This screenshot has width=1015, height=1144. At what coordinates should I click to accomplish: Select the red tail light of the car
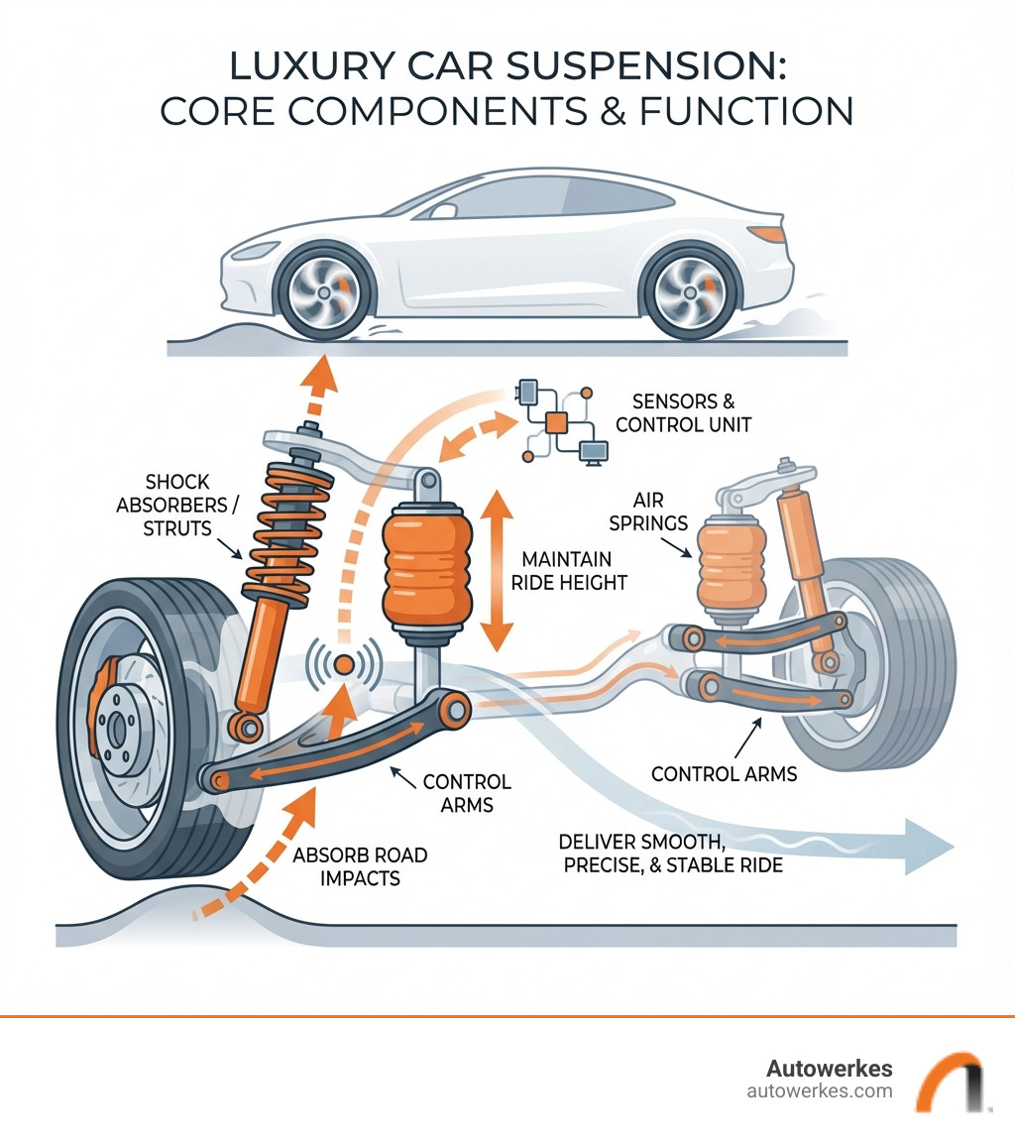(768, 233)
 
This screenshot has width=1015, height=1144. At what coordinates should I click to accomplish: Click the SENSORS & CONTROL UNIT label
(691, 413)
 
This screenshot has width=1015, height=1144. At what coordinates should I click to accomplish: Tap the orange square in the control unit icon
(556, 421)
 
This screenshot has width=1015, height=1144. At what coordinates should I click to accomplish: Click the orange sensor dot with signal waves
(344, 664)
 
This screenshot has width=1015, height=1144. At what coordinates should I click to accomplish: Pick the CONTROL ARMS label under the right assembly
(724, 773)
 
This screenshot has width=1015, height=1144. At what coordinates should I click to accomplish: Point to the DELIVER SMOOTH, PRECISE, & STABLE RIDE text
(671, 853)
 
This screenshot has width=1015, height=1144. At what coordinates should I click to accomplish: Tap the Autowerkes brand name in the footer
(829, 1069)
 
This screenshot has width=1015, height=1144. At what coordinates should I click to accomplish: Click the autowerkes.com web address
(819, 1091)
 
